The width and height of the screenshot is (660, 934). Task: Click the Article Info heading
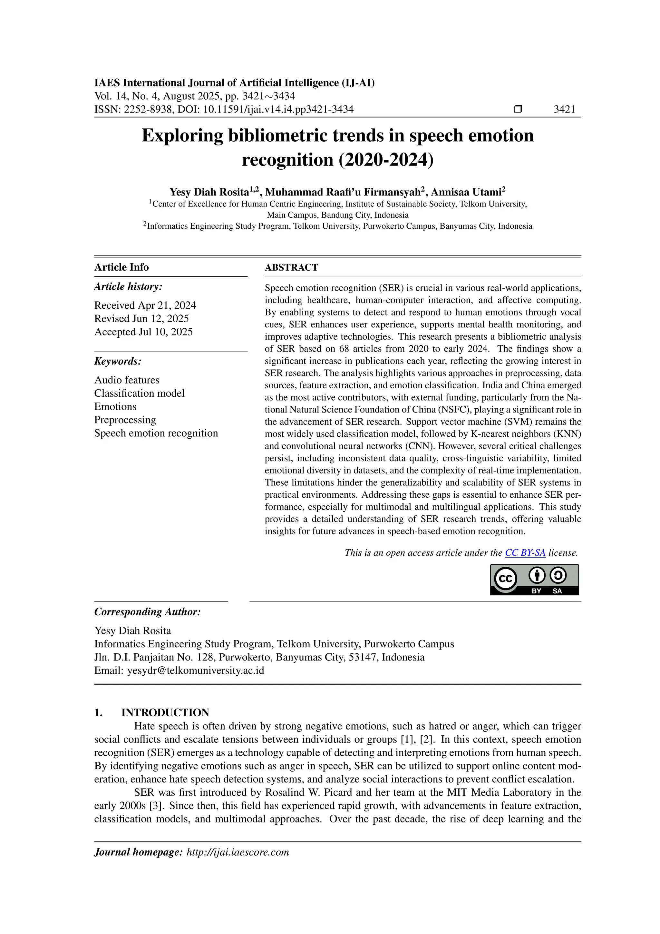121,267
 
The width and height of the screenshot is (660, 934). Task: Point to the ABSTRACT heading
291,267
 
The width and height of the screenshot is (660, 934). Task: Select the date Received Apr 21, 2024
145,305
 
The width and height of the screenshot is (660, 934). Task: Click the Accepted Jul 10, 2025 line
143,332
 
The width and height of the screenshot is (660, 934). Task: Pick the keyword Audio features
127,380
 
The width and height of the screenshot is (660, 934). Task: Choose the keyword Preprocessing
125,420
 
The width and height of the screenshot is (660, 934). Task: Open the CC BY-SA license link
525,553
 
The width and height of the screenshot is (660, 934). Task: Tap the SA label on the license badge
557,591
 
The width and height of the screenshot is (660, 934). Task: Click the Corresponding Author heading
147,612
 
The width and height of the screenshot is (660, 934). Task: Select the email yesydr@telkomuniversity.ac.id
196,671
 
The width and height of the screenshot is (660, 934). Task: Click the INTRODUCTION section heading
165,713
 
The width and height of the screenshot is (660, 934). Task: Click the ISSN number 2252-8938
148,109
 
